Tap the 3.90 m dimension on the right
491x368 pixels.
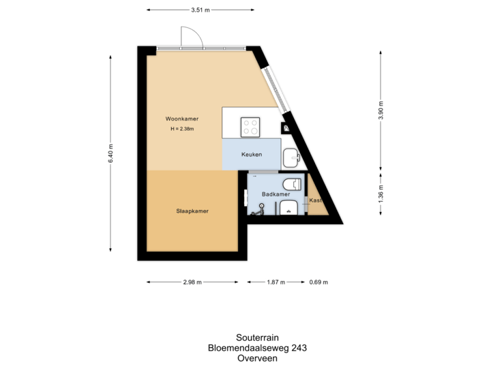coord(381,110)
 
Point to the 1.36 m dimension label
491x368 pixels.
coord(381,195)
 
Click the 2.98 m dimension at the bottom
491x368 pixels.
coord(192,281)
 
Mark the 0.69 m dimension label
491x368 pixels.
coord(319,281)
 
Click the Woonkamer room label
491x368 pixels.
coord(181,118)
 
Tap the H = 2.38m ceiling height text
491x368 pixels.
coord(182,129)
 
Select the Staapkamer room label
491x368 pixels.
coord(192,211)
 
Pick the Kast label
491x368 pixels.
coord(315,200)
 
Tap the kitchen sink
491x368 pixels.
coord(291,157)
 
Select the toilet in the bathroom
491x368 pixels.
coord(293,184)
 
